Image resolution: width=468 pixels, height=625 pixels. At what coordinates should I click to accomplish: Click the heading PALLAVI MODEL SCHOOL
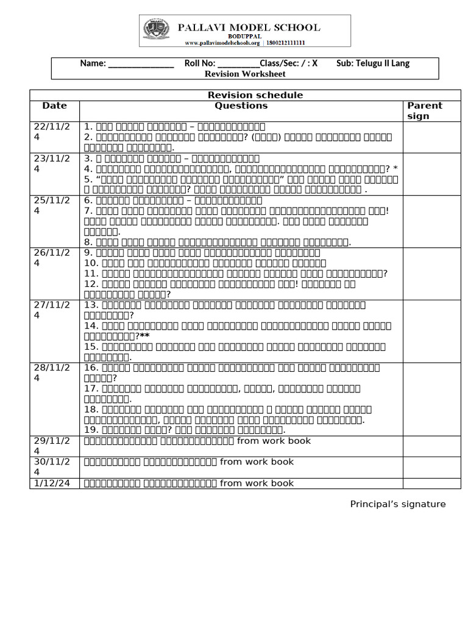[249, 27]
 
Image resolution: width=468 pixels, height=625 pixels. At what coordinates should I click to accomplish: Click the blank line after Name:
[141, 63]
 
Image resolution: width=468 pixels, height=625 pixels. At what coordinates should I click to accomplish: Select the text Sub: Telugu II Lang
[373, 63]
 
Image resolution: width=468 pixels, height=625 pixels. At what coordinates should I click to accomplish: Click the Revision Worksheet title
[245, 74]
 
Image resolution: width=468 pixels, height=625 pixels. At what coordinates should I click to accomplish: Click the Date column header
[55, 106]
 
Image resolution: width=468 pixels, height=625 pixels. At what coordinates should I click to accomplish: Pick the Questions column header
[241, 106]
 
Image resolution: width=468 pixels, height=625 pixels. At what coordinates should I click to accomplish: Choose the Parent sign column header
[424, 110]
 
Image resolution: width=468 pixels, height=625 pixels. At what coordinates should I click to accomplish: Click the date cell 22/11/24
[55, 131]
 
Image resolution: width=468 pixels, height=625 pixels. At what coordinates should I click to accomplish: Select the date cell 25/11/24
[55, 206]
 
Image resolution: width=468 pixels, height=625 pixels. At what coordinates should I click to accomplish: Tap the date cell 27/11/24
[55, 310]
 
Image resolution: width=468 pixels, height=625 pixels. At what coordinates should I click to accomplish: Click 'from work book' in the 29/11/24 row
[274, 441]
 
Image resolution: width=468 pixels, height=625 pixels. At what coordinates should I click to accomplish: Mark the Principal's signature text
[398, 504]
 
